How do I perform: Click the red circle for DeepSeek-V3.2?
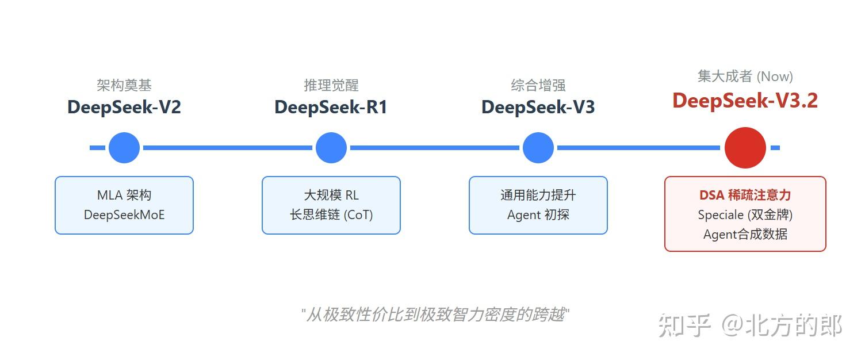tap(745, 148)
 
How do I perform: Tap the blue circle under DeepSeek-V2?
tap(124, 148)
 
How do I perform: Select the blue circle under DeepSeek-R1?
tap(331, 148)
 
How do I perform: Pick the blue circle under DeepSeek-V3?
tap(538, 148)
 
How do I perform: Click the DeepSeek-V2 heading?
tap(124, 108)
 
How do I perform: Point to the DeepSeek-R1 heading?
tap(331, 108)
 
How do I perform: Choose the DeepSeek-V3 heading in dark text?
tap(538, 108)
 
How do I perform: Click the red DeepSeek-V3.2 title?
tap(745, 101)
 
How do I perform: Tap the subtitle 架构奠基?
tap(124, 86)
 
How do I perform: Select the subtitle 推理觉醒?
tap(331, 86)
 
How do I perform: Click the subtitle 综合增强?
tap(538, 86)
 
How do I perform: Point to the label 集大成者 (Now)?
tap(745, 76)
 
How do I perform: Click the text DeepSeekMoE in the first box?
tap(124, 215)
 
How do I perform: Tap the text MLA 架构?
tap(124, 196)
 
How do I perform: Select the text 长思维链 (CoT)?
tap(331, 215)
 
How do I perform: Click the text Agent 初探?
tap(538, 215)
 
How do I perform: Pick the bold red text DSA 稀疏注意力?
tap(745, 196)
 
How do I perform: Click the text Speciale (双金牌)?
tap(745, 215)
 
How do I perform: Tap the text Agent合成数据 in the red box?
tap(745, 235)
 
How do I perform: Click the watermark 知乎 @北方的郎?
tap(750, 326)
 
